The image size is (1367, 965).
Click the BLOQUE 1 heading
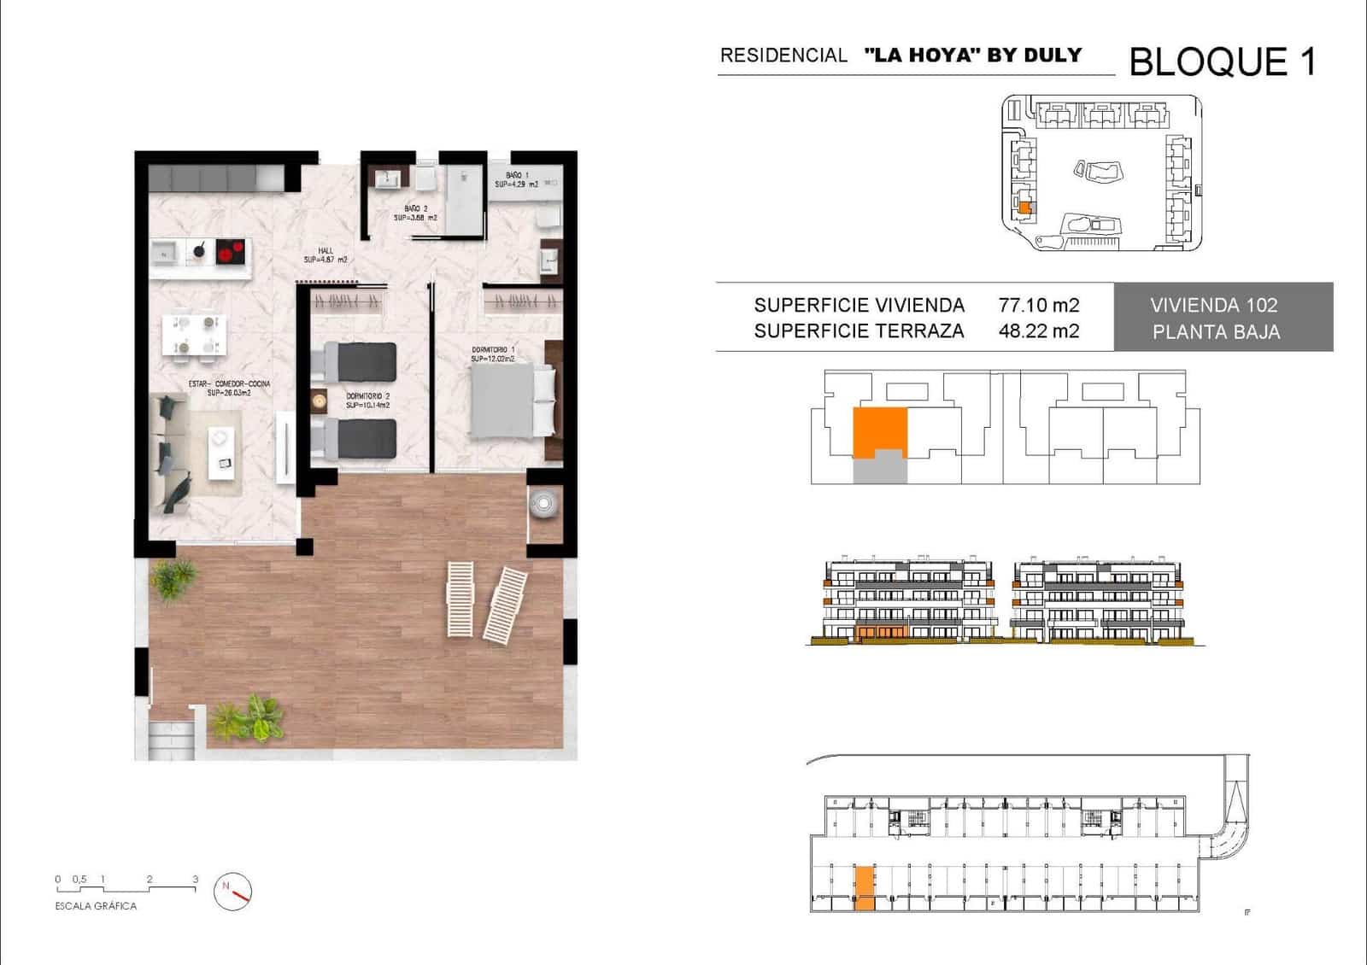(1222, 62)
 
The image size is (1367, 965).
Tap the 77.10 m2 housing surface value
(1038, 305)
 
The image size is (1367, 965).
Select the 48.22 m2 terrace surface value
(1038, 331)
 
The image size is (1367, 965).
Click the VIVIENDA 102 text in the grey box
(1213, 305)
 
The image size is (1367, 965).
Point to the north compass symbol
(232, 891)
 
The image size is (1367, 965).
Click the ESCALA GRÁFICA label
(96, 906)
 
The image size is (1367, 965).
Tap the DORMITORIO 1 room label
(493, 350)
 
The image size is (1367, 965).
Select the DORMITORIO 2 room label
(368, 396)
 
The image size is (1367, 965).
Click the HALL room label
(325, 251)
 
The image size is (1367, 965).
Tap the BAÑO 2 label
(415, 208)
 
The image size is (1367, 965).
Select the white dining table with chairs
(195, 334)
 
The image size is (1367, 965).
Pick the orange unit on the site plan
(1024, 207)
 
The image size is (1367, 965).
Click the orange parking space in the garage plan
(865, 887)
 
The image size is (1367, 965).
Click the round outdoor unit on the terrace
(544, 504)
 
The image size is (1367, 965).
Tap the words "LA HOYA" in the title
(922, 56)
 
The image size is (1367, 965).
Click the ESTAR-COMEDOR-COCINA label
(229, 384)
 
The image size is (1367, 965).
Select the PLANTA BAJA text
(1216, 332)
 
